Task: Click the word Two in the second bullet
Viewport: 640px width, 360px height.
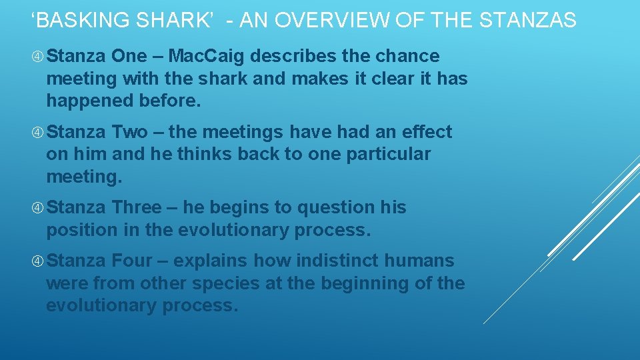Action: pyautogui.click(x=129, y=132)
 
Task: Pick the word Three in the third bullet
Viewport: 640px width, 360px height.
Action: pyautogui.click(x=137, y=207)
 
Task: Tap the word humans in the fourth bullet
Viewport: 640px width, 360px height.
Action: pyautogui.click(x=421, y=261)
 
